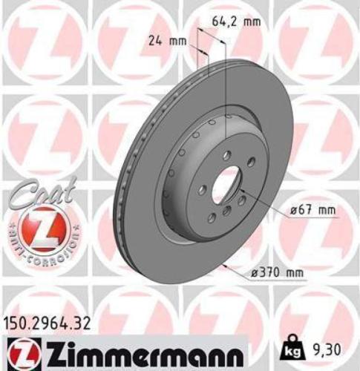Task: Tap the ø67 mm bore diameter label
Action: [x=307, y=211]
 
